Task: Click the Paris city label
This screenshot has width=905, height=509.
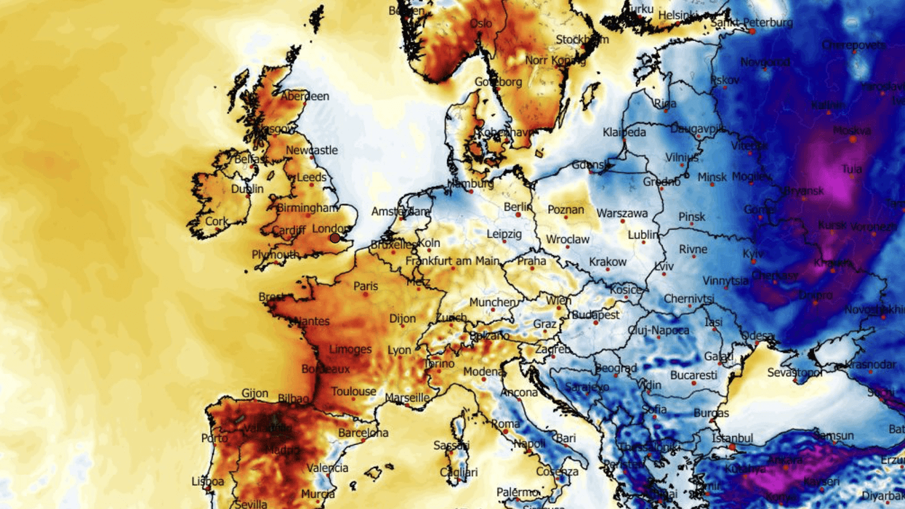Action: (366, 286)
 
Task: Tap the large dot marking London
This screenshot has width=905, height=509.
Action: (335, 238)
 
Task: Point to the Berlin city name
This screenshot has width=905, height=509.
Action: (518, 207)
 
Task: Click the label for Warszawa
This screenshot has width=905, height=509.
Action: (622, 214)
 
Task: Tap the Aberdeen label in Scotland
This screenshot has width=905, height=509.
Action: (305, 96)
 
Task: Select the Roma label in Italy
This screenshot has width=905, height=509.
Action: (506, 424)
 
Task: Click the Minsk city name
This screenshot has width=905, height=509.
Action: (712, 177)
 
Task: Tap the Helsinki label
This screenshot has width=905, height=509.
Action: (679, 15)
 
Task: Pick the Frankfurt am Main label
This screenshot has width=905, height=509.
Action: (452, 261)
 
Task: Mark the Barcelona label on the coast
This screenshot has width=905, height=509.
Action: (363, 433)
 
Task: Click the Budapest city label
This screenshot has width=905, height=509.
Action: (595, 315)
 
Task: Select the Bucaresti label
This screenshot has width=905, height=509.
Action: (693, 375)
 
